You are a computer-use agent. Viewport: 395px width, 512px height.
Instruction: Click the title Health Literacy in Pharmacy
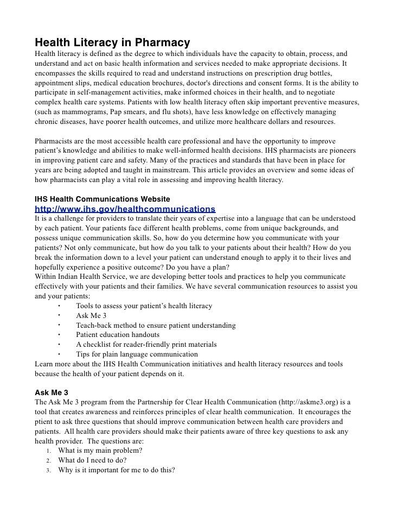(112, 42)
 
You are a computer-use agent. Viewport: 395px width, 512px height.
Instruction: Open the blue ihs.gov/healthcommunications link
(125, 209)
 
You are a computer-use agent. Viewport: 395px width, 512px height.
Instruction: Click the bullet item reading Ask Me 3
(91, 315)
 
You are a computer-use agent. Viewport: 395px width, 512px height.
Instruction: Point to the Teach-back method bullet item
(156, 325)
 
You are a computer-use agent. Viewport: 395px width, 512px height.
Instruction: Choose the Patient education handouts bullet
(118, 335)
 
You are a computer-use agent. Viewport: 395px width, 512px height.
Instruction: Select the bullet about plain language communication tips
(137, 354)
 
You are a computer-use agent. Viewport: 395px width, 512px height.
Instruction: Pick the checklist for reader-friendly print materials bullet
(146, 345)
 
